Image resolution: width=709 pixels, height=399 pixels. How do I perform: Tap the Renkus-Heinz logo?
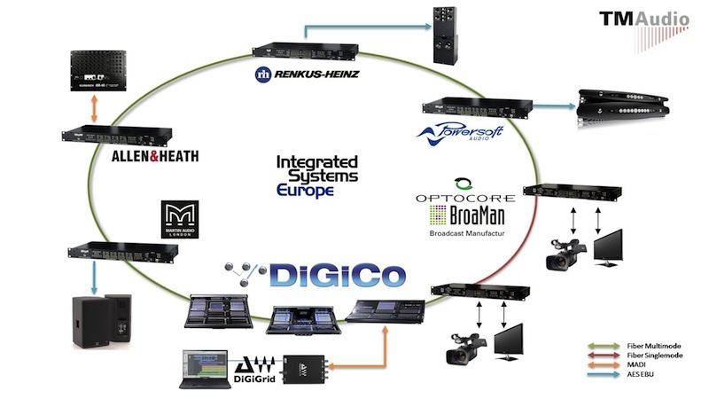(306, 74)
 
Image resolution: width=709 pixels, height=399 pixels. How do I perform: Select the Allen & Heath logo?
(155, 157)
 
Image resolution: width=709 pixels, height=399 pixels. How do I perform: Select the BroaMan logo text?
(479, 215)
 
